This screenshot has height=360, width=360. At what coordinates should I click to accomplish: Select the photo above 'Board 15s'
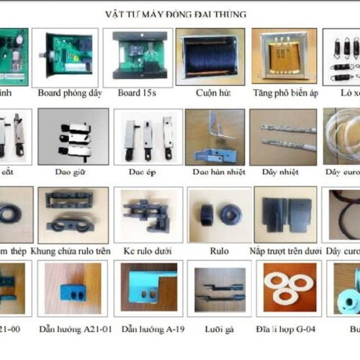pyautogui.click(x=143, y=56)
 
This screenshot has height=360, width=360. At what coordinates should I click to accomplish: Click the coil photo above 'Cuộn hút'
pyautogui.click(x=210, y=56)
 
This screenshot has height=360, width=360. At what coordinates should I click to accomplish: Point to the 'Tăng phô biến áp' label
pyautogui.click(x=284, y=92)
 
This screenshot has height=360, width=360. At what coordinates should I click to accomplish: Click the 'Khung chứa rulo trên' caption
pyautogui.click(x=76, y=251)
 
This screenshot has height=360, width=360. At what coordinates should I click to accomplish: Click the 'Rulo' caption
pyautogui.click(x=219, y=251)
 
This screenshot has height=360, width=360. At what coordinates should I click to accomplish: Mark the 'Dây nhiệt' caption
pyautogui.click(x=283, y=171)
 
